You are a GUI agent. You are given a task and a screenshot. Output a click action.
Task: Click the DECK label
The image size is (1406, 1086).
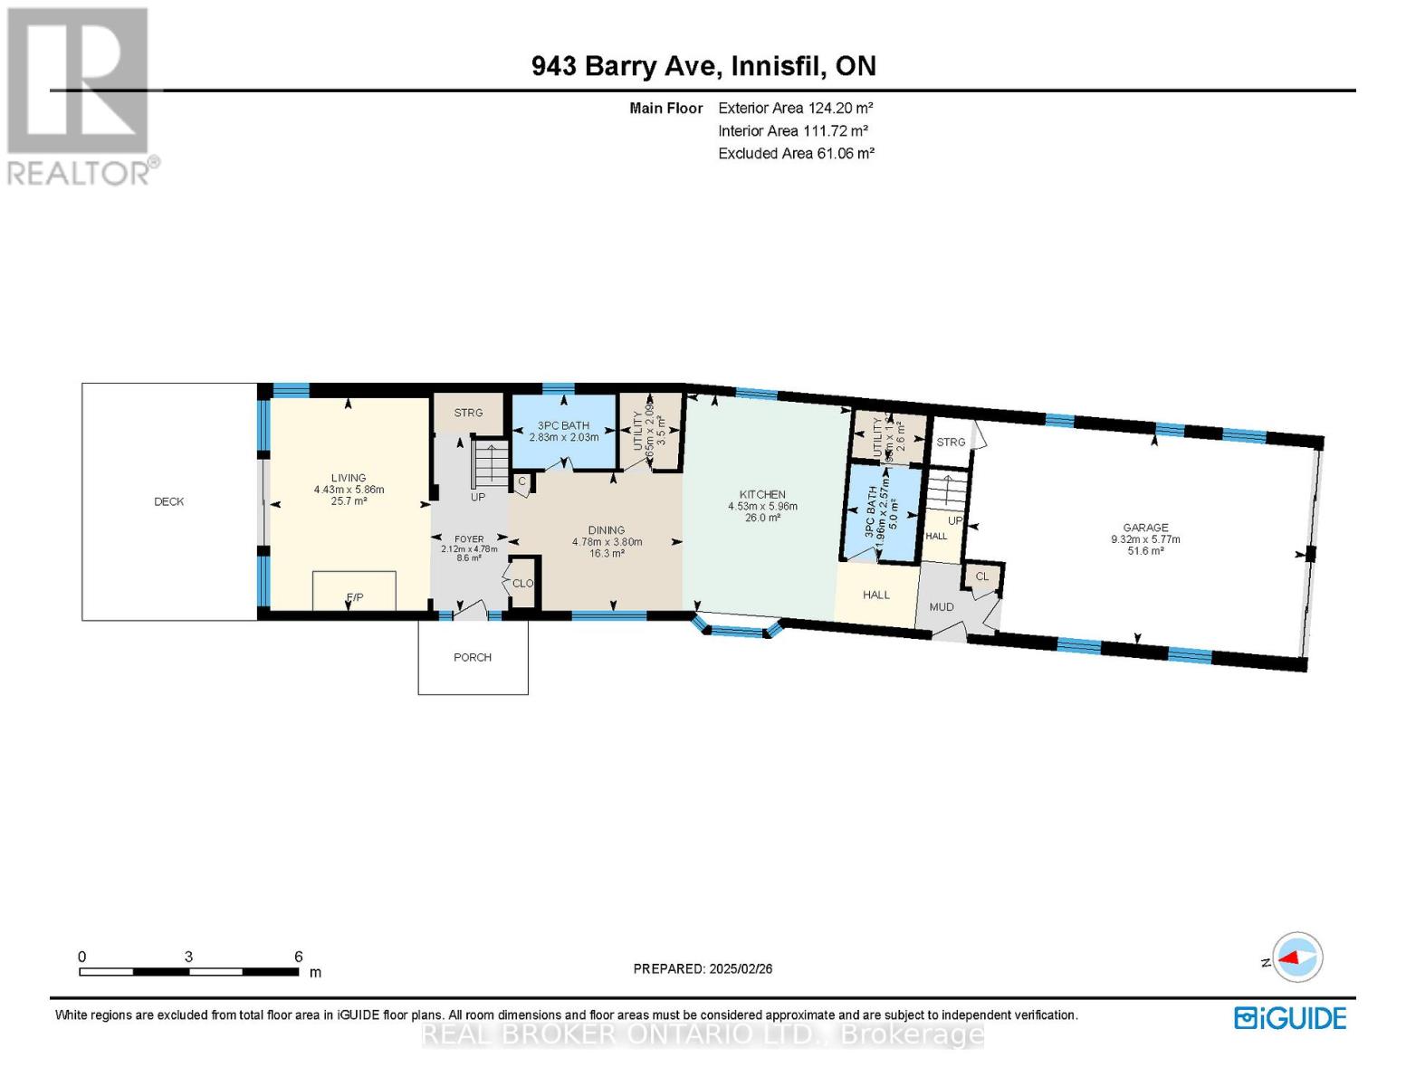pos(169,501)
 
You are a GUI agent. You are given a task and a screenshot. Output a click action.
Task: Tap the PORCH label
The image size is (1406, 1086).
pos(473,657)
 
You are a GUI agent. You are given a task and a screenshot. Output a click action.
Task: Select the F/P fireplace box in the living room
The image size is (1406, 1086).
pos(354,591)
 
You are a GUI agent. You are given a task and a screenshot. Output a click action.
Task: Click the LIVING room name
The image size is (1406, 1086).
pos(349,478)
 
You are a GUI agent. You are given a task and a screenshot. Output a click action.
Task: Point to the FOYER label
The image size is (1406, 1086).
pos(469,538)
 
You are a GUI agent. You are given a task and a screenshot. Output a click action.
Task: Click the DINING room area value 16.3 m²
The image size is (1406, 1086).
pos(607,554)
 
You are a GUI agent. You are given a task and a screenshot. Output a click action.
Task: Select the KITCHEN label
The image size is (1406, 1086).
pos(762,494)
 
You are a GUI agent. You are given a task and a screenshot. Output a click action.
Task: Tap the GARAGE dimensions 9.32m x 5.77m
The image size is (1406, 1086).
pos(1145,539)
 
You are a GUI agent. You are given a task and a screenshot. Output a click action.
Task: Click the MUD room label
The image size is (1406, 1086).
pos(942,606)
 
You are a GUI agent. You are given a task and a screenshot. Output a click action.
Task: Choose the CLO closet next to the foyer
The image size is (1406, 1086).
pos(523,584)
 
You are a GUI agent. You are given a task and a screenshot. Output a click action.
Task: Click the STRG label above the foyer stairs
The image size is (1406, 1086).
pos(468,413)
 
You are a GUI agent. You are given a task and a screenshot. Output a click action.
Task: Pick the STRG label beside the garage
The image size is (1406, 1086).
pos(951,442)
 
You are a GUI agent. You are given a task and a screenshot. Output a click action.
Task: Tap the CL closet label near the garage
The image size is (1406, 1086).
pos(982,576)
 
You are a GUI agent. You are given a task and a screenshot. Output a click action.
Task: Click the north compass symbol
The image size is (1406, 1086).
pos(1297,957)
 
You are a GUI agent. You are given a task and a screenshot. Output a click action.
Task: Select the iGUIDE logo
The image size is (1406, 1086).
pos(1290,1018)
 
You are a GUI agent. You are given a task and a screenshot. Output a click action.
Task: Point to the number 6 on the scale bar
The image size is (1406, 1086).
pos(298,957)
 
